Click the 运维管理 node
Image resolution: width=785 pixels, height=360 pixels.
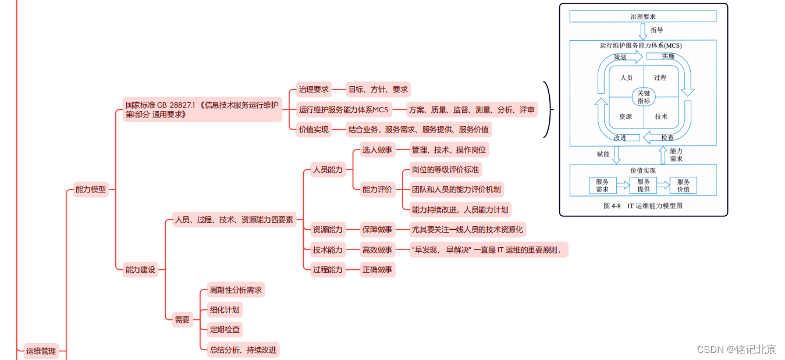pos(41,351)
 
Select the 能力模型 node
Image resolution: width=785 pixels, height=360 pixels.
pos(91,189)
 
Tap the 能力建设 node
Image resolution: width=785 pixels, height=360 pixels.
pos(140,269)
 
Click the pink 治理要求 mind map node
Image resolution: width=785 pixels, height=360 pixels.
pos(314,89)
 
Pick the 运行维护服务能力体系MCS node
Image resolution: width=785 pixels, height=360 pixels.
pos(343,109)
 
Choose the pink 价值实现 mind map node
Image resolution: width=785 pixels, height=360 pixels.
pos(314,129)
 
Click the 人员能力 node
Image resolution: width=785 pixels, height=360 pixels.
pos(328,170)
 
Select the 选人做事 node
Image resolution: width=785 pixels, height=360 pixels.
pos(377,149)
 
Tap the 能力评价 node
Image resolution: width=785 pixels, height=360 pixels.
pos(377,189)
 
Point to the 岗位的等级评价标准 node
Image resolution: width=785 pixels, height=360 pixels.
pos(445,169)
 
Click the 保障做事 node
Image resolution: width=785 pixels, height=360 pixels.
pos(377,229)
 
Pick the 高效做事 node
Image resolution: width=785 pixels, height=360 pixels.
pos(377,249)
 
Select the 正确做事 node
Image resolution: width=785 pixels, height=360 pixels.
pos(377,269)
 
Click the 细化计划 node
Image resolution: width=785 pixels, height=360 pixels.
pos(224,309)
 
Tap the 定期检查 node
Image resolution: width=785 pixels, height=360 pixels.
pos(224,329)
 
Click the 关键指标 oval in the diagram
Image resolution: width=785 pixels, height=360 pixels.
pos(643,97)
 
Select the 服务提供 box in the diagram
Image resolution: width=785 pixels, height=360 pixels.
pos(643,186)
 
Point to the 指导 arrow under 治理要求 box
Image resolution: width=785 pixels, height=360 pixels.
pos(643,30)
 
